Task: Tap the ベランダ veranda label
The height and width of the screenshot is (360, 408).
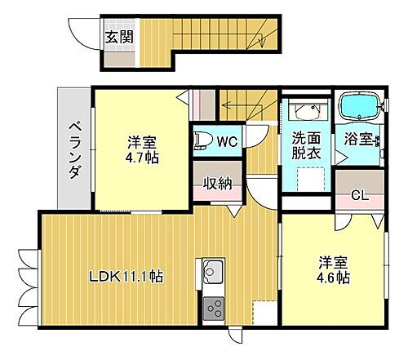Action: point(73,149)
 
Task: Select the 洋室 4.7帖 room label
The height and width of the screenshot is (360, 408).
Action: point(142,148)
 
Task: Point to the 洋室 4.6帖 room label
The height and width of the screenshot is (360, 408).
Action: point(335,269)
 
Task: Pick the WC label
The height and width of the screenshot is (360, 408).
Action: point(227,141)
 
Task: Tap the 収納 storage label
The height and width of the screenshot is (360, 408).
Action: point(217,183)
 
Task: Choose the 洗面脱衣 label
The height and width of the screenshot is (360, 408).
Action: point(306,146)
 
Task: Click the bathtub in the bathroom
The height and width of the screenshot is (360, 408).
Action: point(360,105)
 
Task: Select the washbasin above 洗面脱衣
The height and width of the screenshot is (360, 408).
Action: point(306,113)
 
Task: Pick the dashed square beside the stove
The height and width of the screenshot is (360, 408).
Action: point(264,313)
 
